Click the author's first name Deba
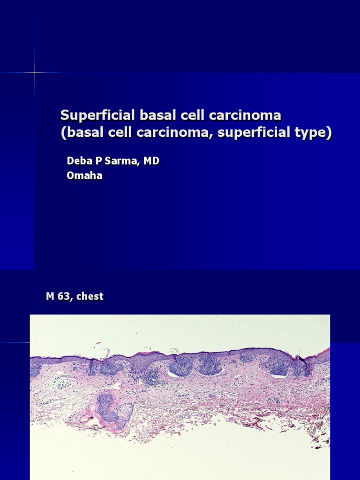point(78,161)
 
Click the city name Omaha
point(84,177)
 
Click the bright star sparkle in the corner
point(35,73)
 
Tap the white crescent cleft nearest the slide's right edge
point(279,375)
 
